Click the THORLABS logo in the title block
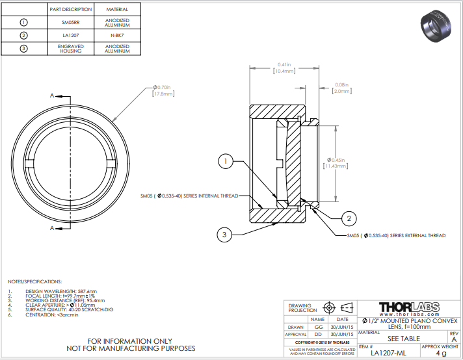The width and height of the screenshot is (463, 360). (408, 306)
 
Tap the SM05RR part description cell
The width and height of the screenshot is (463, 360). (72, 21)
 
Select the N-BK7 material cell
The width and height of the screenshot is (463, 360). (116, 34)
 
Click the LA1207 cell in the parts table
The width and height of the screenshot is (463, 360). (72, 34)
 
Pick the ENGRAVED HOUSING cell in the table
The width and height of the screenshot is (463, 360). (72, 49)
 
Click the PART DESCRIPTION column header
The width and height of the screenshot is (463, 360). (72, 10)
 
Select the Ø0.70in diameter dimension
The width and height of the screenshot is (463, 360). (163, 90)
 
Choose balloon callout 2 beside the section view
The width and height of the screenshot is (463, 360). (349, 218)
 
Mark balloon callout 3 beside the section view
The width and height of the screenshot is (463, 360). (224, 233)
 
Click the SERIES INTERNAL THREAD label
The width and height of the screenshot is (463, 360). (189, 195)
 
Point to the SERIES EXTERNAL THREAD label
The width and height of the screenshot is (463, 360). (404, 235)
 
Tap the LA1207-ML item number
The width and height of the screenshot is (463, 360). (388, 353)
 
